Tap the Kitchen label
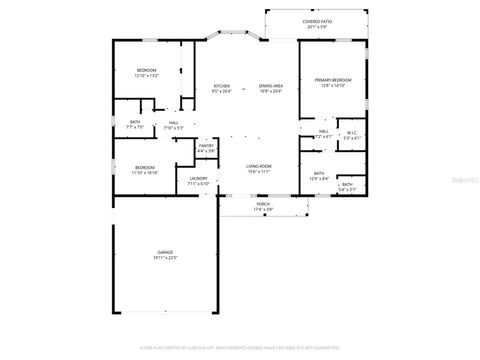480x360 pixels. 221,86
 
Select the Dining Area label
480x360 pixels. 270,86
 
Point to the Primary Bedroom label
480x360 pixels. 333,79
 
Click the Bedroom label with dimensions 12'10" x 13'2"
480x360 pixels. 147,70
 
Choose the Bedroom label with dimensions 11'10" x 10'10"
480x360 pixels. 145,167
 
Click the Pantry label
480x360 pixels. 206,146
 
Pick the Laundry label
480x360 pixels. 199,179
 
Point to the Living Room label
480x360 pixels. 259,166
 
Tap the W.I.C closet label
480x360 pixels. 351,133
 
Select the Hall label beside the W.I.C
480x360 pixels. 324,131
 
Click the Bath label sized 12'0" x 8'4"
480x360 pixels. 319,173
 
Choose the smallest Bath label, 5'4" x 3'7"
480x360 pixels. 347,184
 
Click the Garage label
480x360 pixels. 164,253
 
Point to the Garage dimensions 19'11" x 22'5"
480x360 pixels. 164,259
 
